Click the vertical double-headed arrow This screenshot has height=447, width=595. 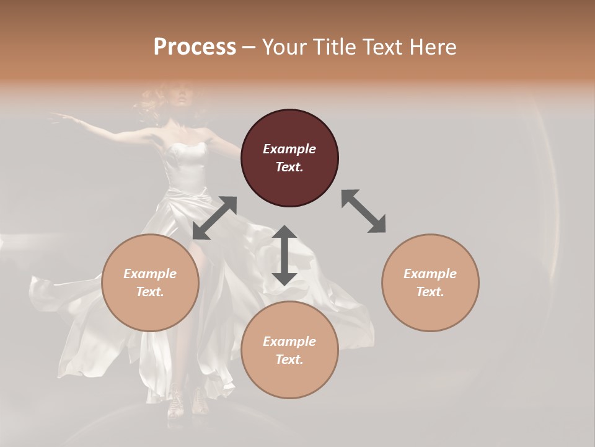tap(284, 255)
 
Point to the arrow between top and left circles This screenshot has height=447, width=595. tap(214, 217)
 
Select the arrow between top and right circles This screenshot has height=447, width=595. tap(364, 212)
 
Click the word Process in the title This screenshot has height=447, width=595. tap(195, 47)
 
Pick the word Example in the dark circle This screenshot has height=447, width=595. tap(289, 149)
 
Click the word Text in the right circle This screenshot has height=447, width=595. tap(430, 292)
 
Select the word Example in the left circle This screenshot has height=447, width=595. tap(150, 274)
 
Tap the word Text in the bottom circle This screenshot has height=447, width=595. tap(289, 359)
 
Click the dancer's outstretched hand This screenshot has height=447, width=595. tap(57, 116)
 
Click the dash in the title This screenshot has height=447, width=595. tap(249, 47)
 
